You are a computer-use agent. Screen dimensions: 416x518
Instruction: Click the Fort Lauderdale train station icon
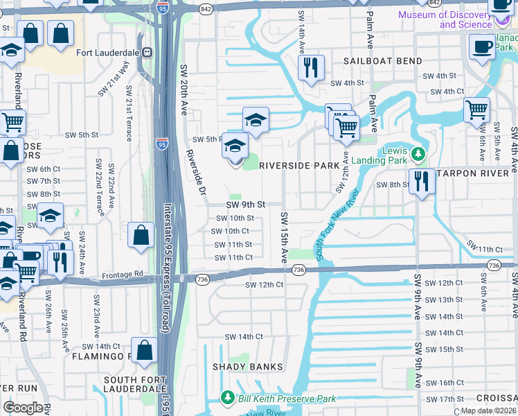point(147,52)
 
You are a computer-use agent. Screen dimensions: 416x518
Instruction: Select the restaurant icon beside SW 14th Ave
point(310,68)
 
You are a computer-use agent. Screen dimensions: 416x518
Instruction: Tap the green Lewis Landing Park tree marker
point(417,153)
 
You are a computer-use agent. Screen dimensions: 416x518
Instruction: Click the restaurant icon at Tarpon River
point(420,182)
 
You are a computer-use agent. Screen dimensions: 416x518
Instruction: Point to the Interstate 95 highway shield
point(161,144)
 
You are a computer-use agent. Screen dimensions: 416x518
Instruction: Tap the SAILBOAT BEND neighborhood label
point(383,61)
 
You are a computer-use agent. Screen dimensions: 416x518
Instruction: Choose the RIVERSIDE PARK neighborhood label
point(299,166)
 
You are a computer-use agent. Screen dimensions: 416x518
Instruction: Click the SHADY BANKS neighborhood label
point(247,367)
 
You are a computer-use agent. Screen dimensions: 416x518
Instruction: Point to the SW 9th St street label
point(246,205)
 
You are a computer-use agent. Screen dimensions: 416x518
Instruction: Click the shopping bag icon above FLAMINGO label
point(145,351)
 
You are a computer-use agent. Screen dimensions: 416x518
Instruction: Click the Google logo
point(23,408)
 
